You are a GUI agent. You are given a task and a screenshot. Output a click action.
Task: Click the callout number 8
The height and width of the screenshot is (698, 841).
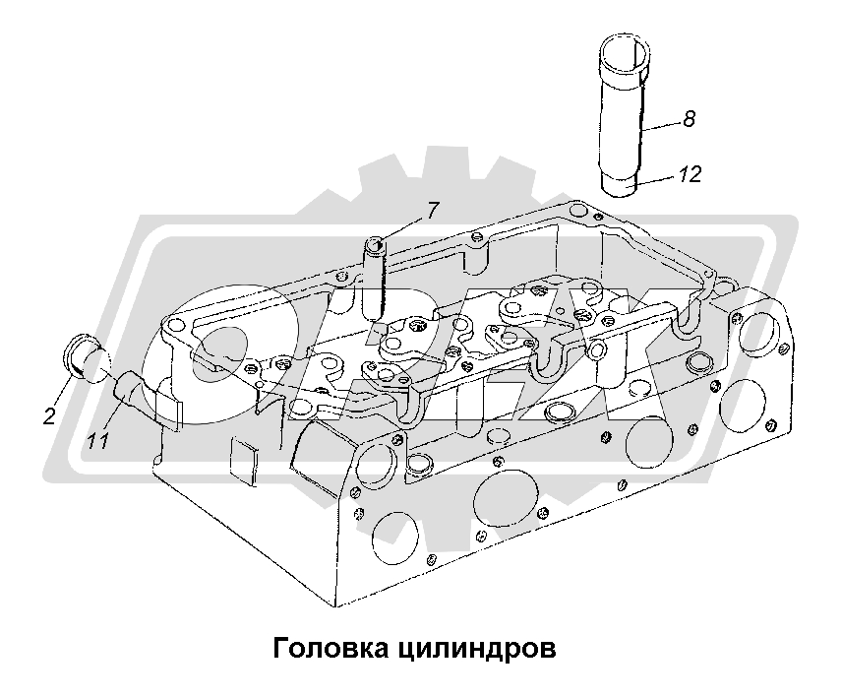688,119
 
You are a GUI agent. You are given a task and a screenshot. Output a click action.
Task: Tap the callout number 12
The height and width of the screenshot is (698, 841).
690,175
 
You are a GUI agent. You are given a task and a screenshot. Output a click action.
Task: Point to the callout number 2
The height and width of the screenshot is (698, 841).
48,390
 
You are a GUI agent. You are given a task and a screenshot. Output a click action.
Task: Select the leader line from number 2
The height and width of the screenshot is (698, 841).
60,375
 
